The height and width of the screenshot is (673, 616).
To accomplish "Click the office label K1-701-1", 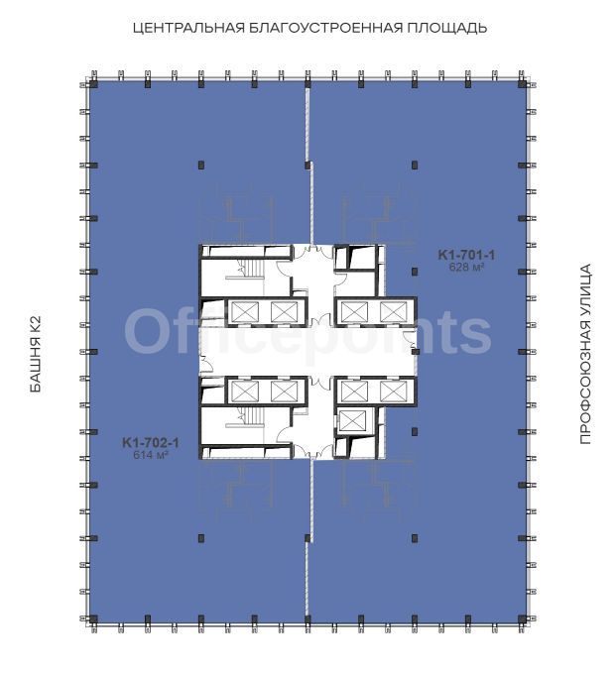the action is [x=466, y=255].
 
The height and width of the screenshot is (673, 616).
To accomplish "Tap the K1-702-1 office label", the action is [x=151, y=442].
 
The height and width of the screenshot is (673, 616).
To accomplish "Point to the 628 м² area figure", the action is [x=466, y=267].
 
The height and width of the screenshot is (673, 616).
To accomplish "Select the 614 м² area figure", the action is [x=151, y=455].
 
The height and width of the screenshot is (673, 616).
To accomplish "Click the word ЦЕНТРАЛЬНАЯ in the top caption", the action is [x=188, y=29].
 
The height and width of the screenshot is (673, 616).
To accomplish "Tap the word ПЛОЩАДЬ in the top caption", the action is [x=446, y=29].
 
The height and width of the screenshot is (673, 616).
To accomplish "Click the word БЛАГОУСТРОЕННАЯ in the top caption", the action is [x=326, y=29].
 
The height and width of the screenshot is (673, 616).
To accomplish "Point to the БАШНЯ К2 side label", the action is [x=36, y=354].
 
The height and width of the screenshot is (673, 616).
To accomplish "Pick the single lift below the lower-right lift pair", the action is [x=352, y=420].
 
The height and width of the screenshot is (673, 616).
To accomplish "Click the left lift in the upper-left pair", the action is [x=245, y=311].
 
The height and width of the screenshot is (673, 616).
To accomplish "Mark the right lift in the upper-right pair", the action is [x=394, y=311].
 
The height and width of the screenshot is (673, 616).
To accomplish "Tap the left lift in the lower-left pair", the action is [x=245, y=391].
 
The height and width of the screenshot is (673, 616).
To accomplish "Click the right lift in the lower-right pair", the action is [x=394, y=391].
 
